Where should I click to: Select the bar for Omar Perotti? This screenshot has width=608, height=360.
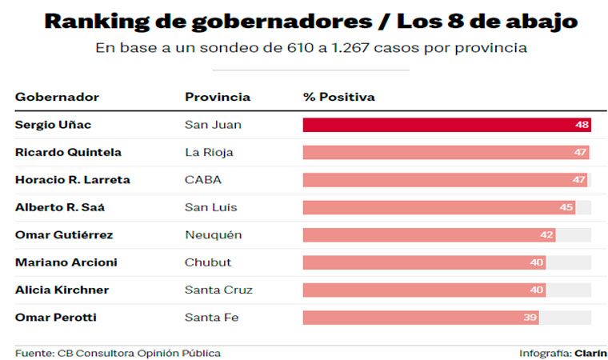point(420,318)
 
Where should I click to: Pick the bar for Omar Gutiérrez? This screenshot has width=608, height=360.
point(428,235)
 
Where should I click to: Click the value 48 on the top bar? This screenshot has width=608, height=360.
point(582,125)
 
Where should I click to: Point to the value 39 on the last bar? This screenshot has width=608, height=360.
point(529,318)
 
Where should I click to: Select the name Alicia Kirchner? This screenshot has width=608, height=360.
point(62,290)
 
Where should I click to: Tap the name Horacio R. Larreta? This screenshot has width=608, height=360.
point(72,180)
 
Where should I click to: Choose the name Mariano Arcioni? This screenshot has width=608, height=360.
point(66,262)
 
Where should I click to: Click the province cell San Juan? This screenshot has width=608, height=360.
point(213,125)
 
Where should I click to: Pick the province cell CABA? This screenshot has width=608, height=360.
point(203,180)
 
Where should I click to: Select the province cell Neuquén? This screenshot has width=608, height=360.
point(213,235)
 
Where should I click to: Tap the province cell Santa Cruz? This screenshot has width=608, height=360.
point(218,290)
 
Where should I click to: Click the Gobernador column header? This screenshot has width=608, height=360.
point(57,97)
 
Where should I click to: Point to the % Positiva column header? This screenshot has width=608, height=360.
point(338,97)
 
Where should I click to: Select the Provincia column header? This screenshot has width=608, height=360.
point(218,97)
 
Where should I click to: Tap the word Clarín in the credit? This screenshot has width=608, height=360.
point(590,353)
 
